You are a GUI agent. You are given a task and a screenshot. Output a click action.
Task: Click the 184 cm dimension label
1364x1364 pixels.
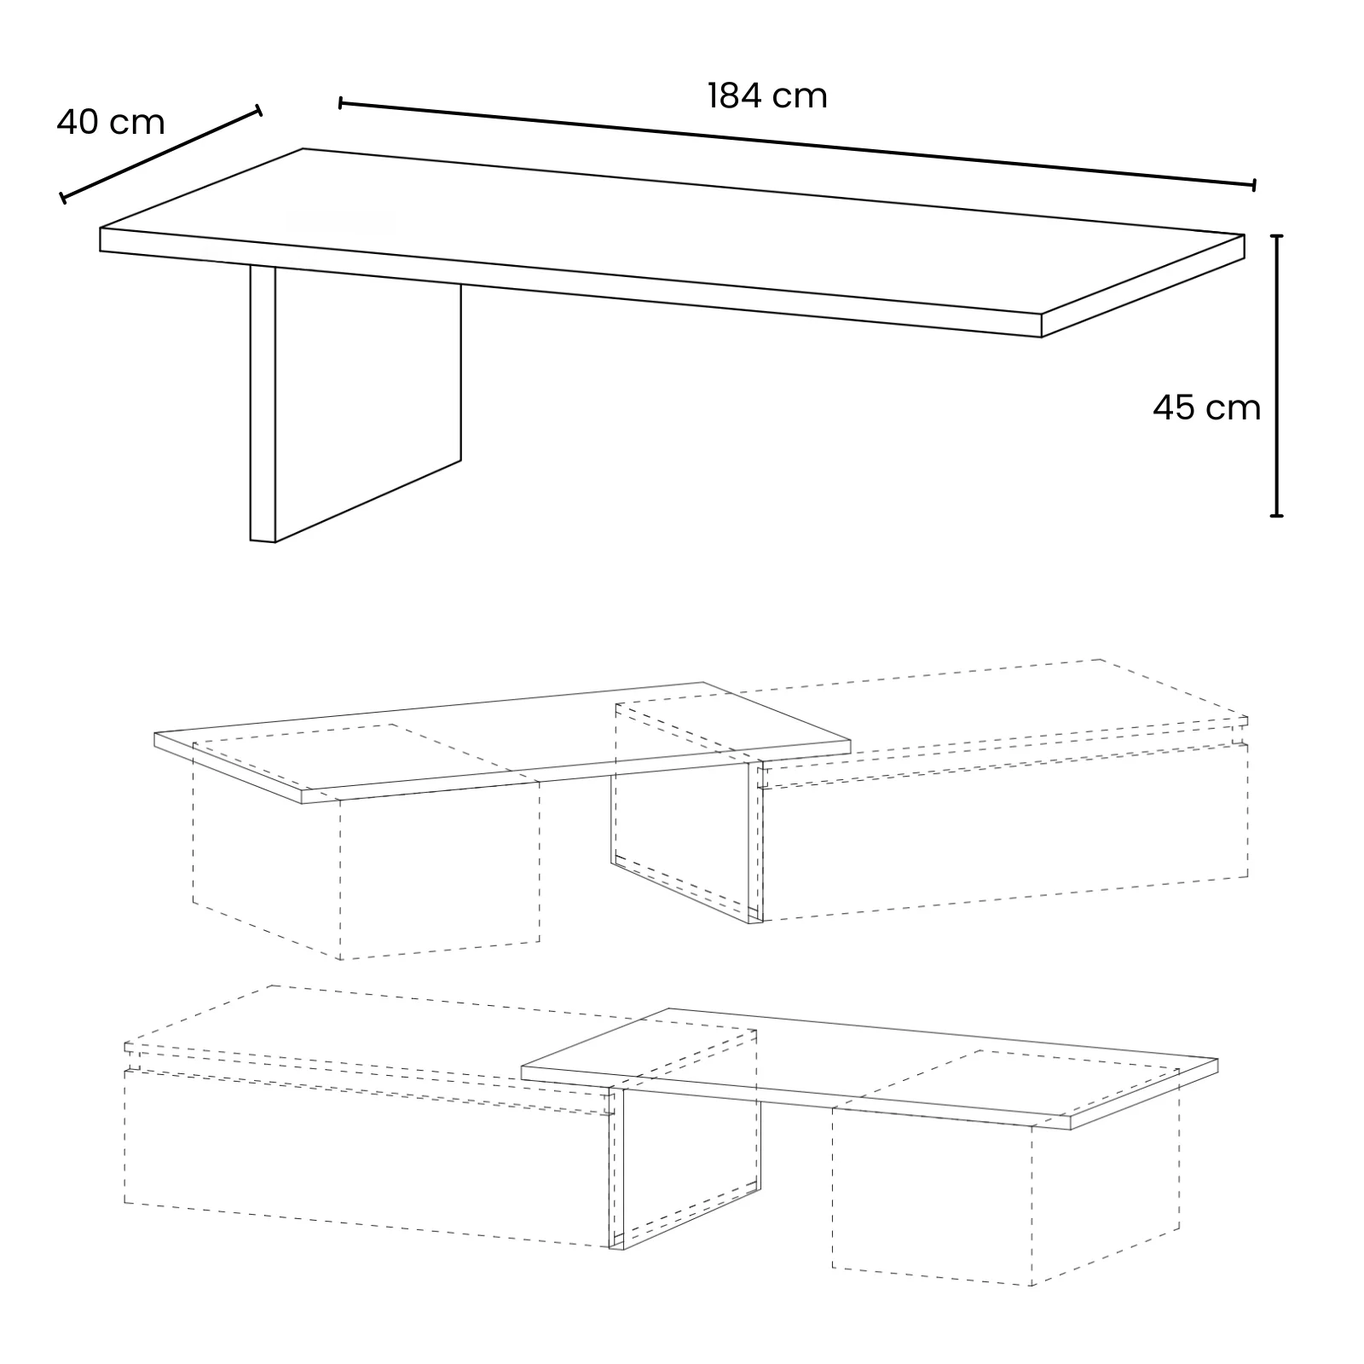(x=767, y=96)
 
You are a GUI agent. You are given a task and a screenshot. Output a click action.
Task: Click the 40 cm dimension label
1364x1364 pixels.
(x=111, y=123)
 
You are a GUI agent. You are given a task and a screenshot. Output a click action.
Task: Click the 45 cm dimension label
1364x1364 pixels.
(x=1206, y=408)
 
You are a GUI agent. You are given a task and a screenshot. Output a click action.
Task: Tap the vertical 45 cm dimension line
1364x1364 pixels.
(x=1276, y=375)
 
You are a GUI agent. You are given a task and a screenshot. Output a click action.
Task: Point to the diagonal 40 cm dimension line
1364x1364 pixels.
(x=160, y=154)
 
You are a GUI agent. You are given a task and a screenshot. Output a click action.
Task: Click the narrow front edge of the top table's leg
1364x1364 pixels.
(x=263, y=404)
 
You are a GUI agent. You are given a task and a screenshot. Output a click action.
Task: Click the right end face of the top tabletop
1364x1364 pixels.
(x=1143, y=286)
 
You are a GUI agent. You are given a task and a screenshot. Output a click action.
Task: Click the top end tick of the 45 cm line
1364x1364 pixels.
(x=1276, y=235)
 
